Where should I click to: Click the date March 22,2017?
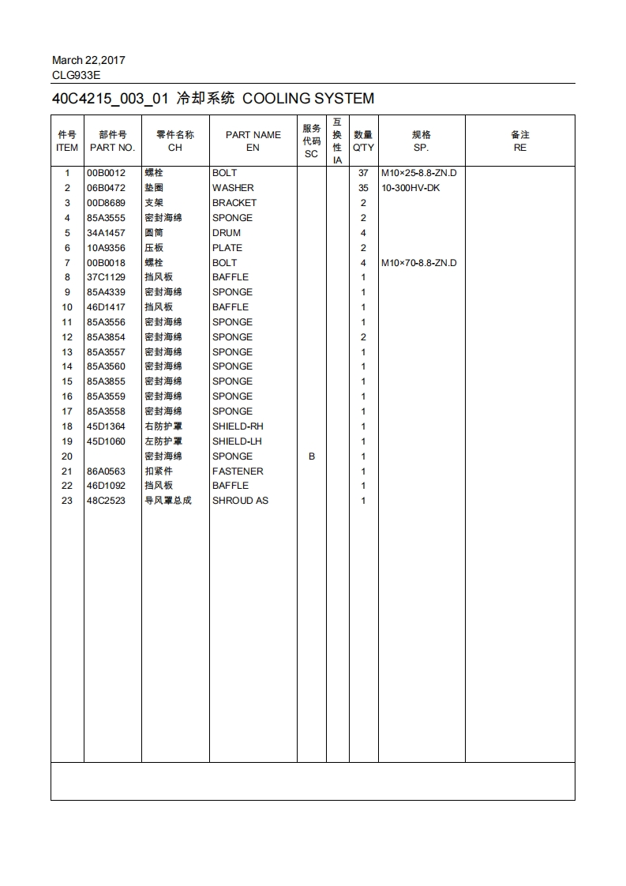click(88, 60)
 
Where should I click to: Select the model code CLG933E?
click(76, 76)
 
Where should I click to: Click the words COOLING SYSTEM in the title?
click(308, 99)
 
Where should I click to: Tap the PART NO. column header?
click(112, 148)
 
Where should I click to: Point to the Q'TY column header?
click(363, 148)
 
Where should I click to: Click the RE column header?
click(519, 148)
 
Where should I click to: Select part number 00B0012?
click(106, 173)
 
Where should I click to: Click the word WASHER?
click(233, 188)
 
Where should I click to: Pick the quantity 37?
click(363, 173)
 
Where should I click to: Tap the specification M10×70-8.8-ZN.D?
click(418, 263)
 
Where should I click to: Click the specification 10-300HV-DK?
click(410, 188)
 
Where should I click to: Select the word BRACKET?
click(234, 203)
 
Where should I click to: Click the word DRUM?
click(227, 233)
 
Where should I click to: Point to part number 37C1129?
click(106, 277)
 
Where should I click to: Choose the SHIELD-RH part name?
click(238, 426)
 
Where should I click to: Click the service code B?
click(311, 456)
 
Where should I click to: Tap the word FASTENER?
click(238, 471)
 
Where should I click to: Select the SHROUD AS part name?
click(240, 501)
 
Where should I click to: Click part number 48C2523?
click(106, 501)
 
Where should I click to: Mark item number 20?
click(67, 456)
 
